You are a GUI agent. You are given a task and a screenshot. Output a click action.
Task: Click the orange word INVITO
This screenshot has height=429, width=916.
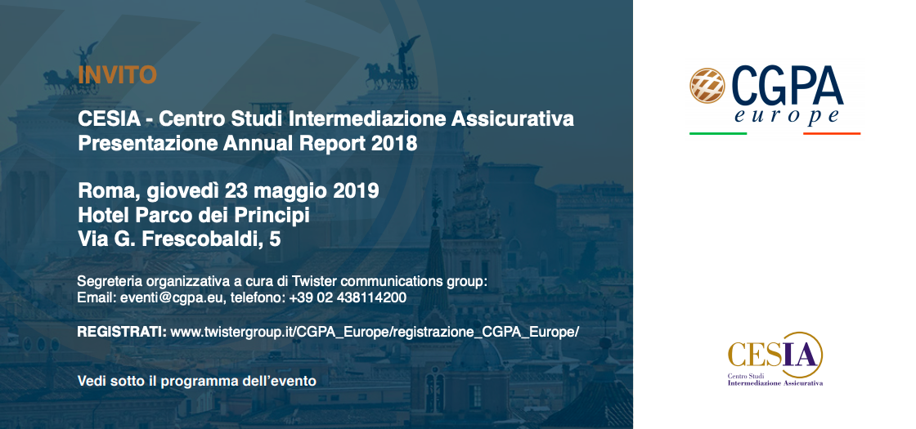point(118,74)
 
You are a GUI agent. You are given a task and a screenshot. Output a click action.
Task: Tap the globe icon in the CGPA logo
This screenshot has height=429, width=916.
point(707,86)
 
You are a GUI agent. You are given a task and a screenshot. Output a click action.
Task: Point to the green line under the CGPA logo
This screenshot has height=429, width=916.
point(718,134)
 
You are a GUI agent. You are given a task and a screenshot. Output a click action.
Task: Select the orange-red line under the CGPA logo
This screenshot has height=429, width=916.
point(832,134)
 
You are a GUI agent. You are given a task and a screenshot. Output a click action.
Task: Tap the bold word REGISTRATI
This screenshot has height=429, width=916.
point(122,332)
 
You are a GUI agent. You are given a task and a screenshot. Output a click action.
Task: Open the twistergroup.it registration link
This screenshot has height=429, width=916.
point(375,333)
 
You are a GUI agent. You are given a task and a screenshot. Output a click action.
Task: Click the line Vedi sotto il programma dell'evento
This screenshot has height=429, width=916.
point(197,382)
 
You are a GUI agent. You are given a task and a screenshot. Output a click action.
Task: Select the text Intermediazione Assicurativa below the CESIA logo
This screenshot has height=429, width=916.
point(775,383)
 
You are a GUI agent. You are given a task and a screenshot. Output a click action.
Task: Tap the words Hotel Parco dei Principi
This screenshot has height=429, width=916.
point(194,216)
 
